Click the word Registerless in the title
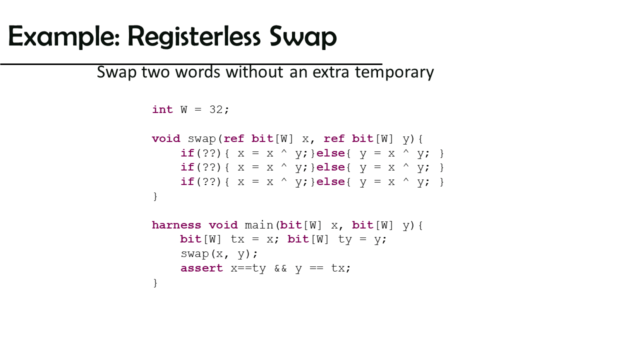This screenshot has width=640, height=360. [193, 36]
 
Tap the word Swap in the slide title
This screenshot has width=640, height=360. [303, 36]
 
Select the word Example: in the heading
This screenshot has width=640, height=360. [64, 36]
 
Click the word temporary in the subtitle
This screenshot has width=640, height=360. [394, 72]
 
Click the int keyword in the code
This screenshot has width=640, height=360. [162, 109]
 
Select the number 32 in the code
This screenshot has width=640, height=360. [216, 109]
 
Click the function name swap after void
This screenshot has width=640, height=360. [202, 139]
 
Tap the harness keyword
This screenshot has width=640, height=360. [176, 225]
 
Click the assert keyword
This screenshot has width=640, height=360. [201, 268]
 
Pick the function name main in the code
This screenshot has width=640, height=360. [259, 225]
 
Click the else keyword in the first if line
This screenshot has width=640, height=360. [330, 153]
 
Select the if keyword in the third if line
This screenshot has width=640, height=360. [187, 181]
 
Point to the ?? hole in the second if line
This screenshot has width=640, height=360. [209, 167]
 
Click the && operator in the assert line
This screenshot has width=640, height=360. [280, 268]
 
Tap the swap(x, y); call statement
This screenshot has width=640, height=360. [219, 254]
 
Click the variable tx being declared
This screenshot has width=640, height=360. [237, 239]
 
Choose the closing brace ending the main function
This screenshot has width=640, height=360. [155, 283]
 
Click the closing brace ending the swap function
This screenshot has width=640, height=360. [155, 196]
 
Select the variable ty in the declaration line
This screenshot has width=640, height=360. [345, 239]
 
